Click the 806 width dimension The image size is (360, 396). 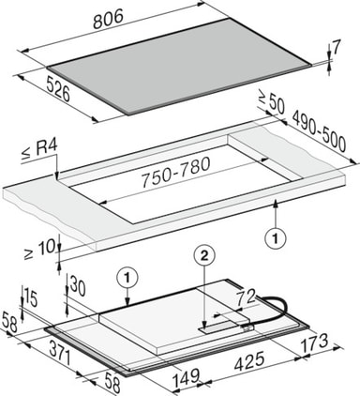(108, 19)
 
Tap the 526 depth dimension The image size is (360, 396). (57, 90)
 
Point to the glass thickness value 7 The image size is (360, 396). (335, 49)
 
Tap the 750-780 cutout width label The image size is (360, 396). (175, 173)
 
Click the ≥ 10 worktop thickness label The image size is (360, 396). (39, 250)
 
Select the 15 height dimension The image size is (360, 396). (31, 298)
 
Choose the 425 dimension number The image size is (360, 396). (249, 361)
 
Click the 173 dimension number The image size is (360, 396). (314, 343)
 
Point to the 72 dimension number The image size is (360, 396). (246, 297)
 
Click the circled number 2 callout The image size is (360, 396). (203, 256)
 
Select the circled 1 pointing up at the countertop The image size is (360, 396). (276, 239)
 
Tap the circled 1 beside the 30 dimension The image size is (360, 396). (127, 277)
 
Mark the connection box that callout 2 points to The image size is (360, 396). (224, 327)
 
